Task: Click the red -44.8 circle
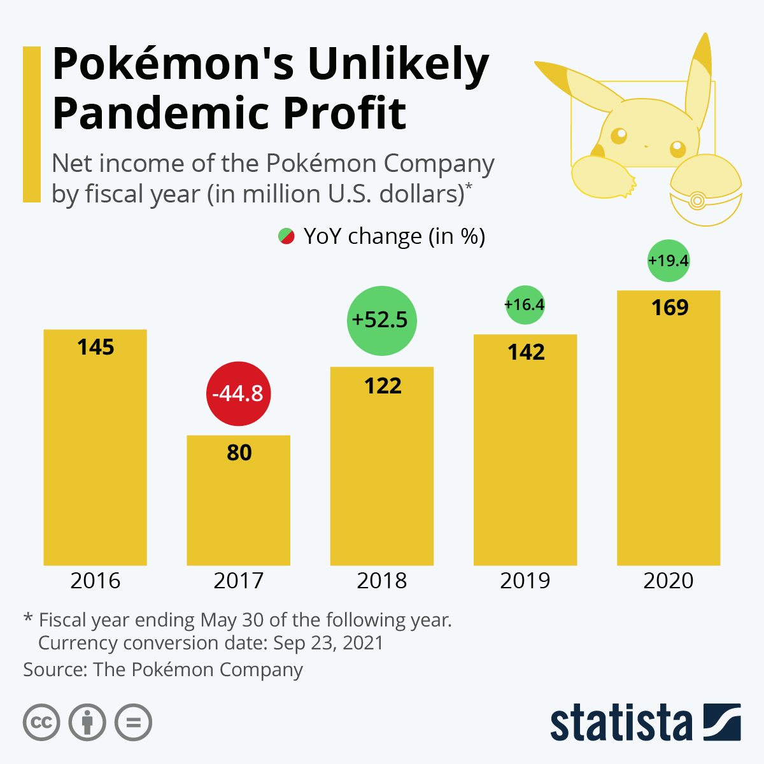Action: (239, 393)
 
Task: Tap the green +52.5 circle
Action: (381, 320)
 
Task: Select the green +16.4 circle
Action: (525, 305)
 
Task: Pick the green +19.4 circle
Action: (668, 260)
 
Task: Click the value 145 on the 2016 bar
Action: (95, 347)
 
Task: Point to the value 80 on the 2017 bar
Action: (239, 453)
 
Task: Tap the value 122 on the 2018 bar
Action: (383, 386)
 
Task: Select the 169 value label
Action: (670, 308)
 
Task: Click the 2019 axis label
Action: (525, 581)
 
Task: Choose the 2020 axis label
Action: (668, 581)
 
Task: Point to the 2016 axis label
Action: (95, 581)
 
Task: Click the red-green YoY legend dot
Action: (286, 236)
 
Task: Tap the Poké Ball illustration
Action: (705, 191)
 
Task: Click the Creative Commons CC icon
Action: (41, 723)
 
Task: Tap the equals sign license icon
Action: (134, 723)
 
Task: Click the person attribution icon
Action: (87, 723)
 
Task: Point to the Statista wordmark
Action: (621, 723)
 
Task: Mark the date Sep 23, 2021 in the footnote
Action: (328, 643)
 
